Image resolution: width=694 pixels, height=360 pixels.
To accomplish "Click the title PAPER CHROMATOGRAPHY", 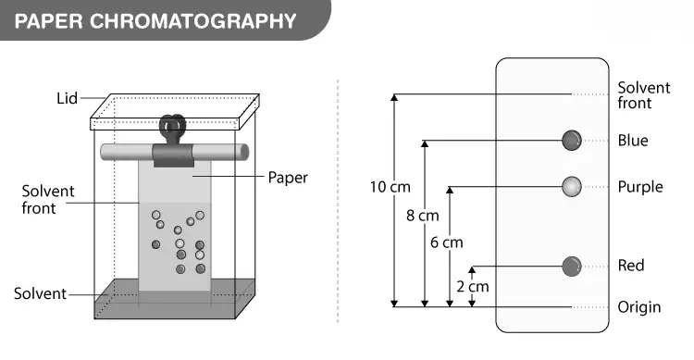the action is (155, 20).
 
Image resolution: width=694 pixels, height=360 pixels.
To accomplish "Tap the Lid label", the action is (67, 98).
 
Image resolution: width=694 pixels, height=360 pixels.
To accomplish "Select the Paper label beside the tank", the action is (288, 178).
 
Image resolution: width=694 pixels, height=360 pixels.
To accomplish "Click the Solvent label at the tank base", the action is (40, 293).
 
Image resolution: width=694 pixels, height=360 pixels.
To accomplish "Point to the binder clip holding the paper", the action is (173, 141).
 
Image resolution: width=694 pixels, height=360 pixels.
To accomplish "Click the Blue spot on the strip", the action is (572, 141).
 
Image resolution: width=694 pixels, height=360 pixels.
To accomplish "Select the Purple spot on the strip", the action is (572, 186).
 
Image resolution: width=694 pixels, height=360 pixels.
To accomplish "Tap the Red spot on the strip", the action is (572, 267).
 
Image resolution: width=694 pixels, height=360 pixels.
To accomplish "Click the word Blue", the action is (633, 141).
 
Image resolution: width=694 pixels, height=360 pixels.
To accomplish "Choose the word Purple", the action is (640, 187).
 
